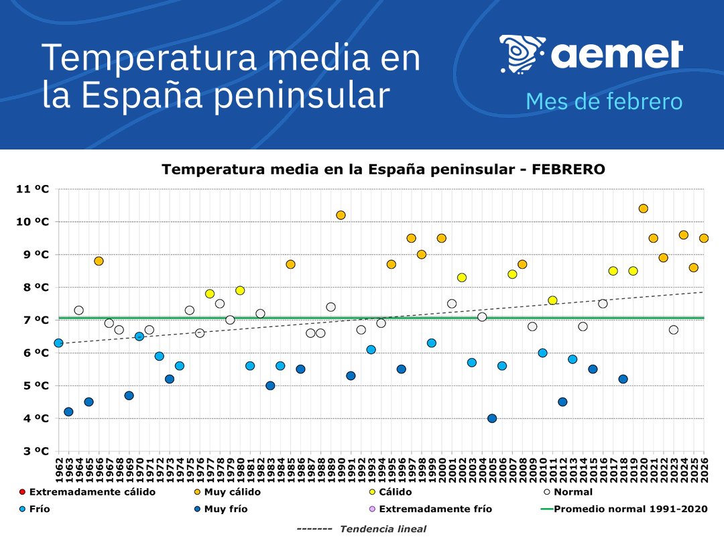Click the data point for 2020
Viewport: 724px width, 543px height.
coord(643,208)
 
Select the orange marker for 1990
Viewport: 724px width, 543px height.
coord(341,215)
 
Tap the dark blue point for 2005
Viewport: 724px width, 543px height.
coord(492,418)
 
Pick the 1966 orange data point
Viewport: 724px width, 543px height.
coord(99,261)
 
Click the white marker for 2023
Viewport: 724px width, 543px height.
coord(673,330)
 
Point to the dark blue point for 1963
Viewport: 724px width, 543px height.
coord(68,412)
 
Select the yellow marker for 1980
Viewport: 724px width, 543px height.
coord(240,290)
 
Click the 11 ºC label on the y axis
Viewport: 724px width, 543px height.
coord(33,189)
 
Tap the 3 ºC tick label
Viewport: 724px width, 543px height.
coord(33,451)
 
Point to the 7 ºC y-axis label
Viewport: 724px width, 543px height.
coord(33,320)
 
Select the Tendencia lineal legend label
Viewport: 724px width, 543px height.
coord(382,529)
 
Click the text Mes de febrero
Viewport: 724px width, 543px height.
coord(603,102)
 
